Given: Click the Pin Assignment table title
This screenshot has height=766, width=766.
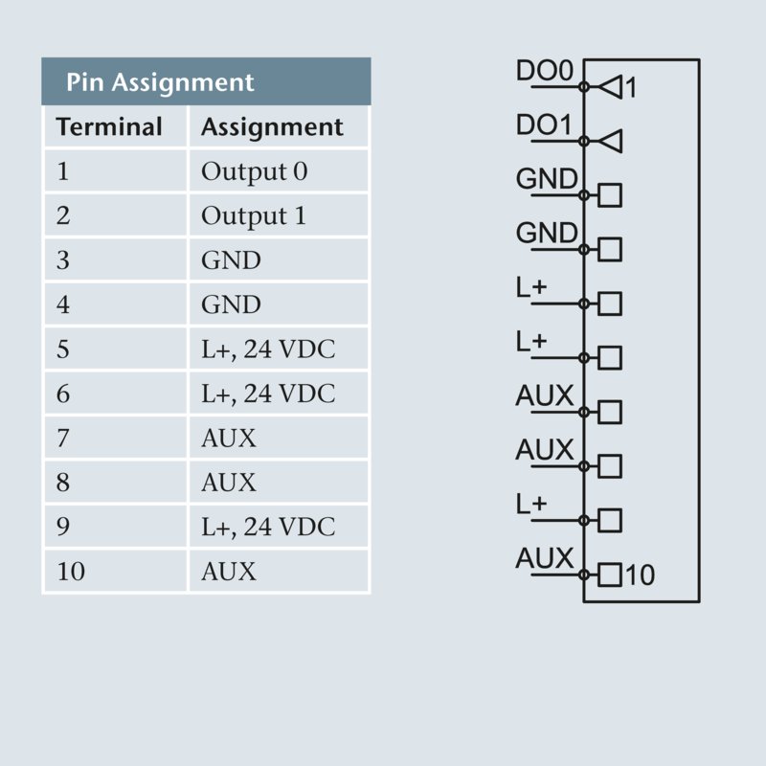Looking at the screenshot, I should pos(160,82).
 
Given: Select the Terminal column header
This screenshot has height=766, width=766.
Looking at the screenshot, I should pos(109,127).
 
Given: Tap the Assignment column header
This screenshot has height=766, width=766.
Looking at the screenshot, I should pos(272,127).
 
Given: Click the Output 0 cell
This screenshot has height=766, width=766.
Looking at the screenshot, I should pos(254,172).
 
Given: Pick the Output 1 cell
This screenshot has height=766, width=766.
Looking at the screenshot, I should pos(254,216).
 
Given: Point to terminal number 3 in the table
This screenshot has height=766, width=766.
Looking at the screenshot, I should pos(63,260).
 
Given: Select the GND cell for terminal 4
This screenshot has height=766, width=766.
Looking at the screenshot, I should pos(231,304).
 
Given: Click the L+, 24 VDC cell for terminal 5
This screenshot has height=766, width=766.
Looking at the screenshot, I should pos(268,349).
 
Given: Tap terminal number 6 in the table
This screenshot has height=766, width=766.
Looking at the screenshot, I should pos(63,394).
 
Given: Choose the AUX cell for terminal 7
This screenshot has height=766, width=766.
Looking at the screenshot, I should pos(229,439).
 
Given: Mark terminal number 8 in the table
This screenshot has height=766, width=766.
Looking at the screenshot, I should pos(63,483).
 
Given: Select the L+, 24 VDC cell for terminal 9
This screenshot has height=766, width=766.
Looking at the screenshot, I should pos(268,528).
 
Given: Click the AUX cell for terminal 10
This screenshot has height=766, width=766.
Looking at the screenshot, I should pos(229,572).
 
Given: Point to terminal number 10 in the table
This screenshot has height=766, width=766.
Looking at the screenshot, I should pos(71,572).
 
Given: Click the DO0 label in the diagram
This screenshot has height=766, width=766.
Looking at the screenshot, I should pos(544,72).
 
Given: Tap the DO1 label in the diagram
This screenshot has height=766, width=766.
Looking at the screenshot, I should pos(544,125).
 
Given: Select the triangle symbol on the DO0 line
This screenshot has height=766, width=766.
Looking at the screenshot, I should pos(609,87).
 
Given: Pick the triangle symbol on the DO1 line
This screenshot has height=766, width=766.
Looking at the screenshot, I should pos(609,142).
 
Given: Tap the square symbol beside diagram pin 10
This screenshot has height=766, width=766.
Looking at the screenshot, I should pos(610,575).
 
